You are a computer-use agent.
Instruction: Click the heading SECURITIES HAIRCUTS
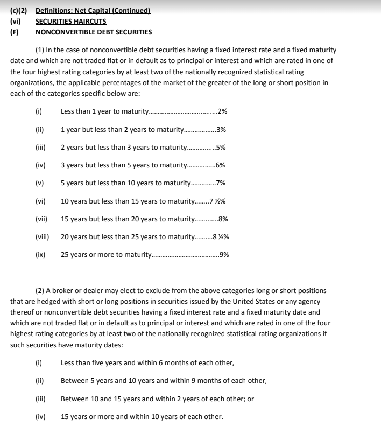[x=70, y=22]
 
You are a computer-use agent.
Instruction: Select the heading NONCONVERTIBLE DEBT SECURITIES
[x=93, y=32]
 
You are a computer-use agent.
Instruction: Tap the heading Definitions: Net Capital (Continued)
[x=93, y=11]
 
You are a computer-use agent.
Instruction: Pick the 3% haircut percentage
[x=221, y=130]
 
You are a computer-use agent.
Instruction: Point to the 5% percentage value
[x=220, y=148]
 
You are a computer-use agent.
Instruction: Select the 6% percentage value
[x=220, y=165]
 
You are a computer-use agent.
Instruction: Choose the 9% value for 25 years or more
[x=224, y=255]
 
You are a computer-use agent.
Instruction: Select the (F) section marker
[x=15, y=32]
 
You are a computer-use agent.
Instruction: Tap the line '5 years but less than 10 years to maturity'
[x=125, y=183]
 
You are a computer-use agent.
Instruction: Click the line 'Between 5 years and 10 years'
[x=163, y=381]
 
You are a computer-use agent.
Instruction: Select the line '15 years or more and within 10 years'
[x=142, y=416]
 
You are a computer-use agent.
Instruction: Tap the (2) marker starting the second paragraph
[x=40, y=290]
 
